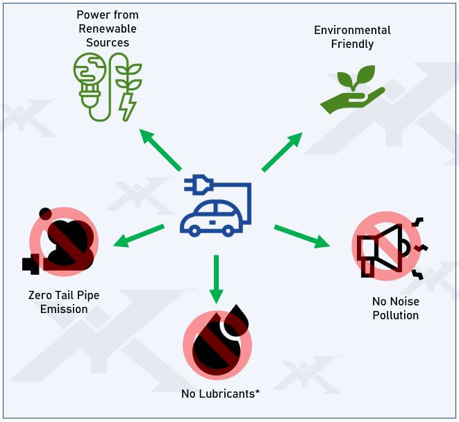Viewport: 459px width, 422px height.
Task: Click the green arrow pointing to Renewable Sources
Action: [x=160, y=149]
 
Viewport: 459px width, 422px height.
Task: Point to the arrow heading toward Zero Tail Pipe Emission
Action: [x=139, y=235]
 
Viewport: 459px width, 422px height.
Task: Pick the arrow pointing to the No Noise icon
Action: [x=301, y=236]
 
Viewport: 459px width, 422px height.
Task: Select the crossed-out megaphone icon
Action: [x=386, y=246]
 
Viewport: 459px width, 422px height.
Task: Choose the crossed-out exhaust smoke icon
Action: [x=62, y=240]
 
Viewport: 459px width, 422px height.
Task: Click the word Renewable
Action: [x=107, y=29]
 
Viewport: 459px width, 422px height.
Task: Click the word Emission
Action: [x=64, y=309]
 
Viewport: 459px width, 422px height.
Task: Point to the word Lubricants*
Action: [x=229, y=394]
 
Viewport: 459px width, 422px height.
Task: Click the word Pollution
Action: [x=395, y=315]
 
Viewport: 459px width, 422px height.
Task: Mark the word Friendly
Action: [x=352, y=44]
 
